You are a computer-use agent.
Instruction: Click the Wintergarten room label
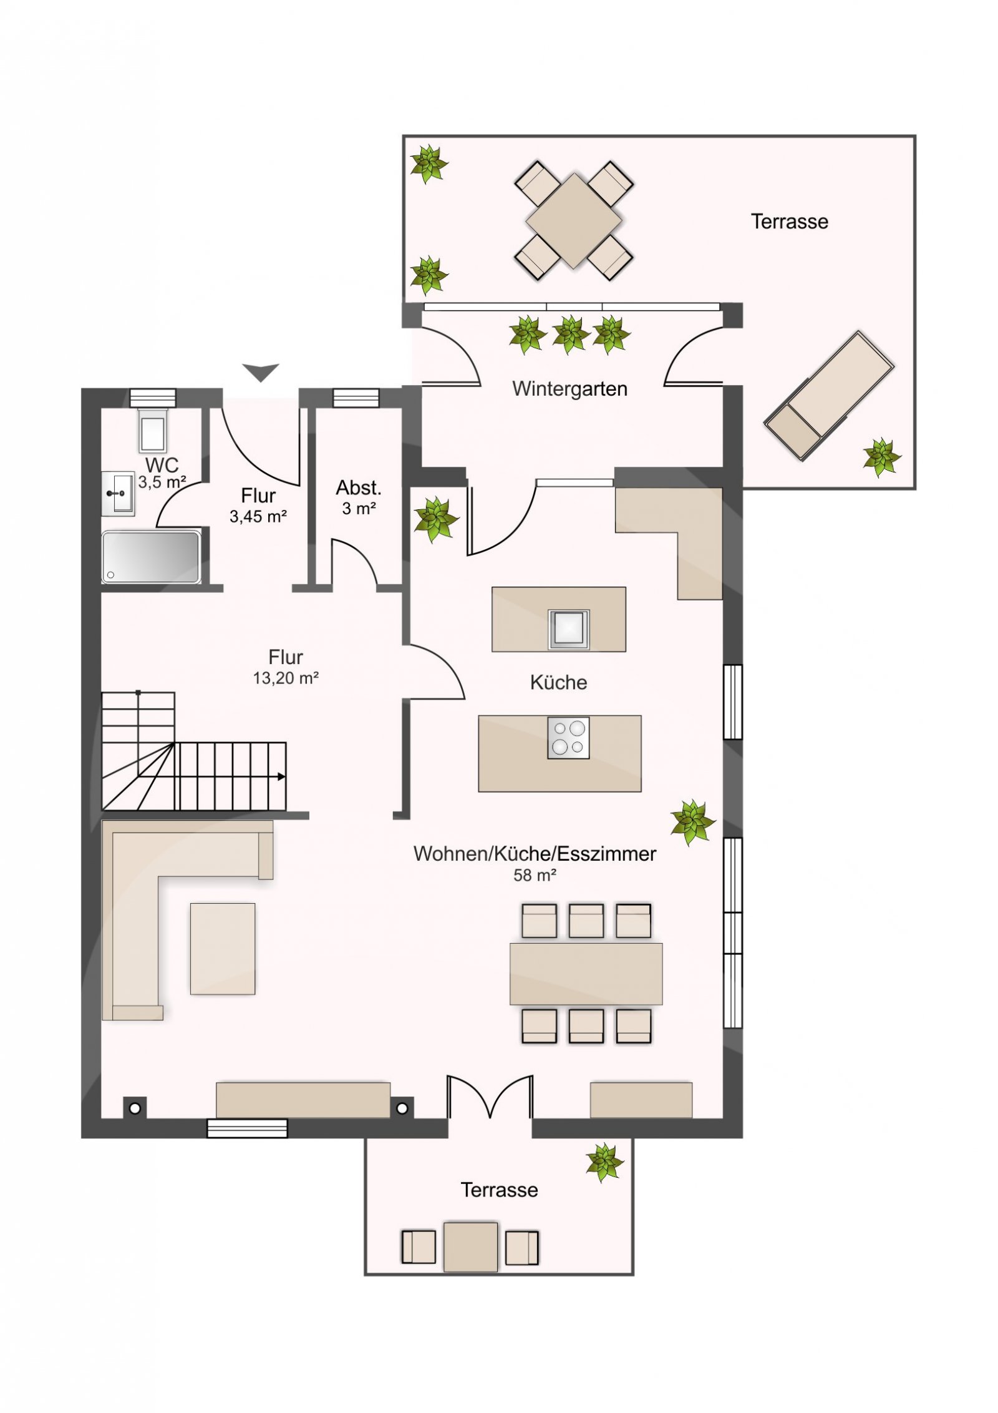point(569,389)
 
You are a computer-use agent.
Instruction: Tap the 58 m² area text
point(535,875)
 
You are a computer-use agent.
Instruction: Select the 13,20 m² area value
point(286,678)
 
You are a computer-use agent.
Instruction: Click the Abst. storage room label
point(359,487)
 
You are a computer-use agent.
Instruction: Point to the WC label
point(162,465)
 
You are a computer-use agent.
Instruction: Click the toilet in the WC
point(153,431)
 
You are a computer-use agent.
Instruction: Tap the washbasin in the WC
point(118,494)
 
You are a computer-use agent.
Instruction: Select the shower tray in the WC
point(151,557)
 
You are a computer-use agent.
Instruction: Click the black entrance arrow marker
point(261,373)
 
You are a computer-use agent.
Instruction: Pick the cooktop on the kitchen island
point(568,738)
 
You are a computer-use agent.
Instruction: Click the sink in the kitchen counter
point(568,628)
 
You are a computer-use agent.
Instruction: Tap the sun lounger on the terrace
point(829,396)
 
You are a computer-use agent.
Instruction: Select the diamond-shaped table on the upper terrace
point(574,221)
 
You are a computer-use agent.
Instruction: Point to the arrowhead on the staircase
point(282,777)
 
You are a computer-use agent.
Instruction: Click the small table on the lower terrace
point(471,1247)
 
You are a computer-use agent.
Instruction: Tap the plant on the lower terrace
point(604,1162)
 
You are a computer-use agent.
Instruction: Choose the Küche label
point(558,682)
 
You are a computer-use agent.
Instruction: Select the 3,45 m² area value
point(258,517)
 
